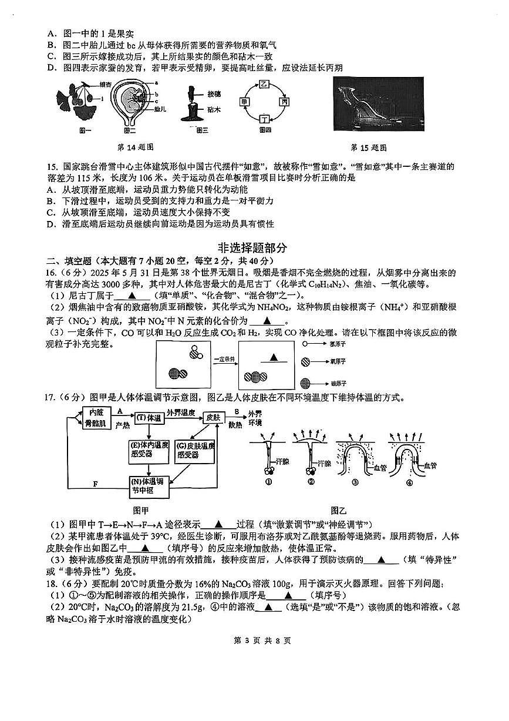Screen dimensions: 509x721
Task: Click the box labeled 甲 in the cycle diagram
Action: (244, 101)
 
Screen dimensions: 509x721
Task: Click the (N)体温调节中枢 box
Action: (149, 486)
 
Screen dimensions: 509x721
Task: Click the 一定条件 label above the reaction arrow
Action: (224, 358)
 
